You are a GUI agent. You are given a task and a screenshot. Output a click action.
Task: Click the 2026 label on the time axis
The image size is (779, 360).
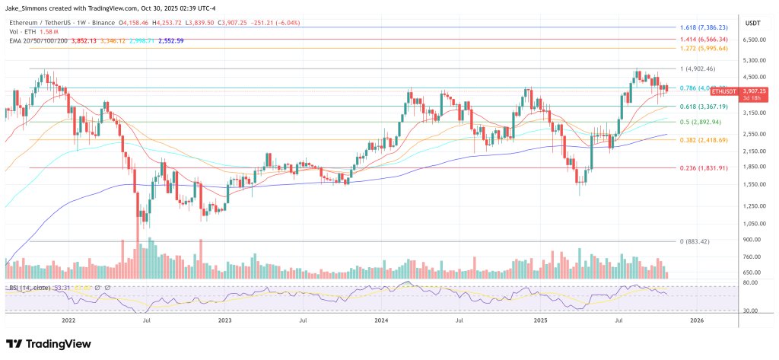pos(695,321)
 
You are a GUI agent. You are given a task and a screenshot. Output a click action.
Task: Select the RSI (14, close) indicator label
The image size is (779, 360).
pos(30,288)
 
